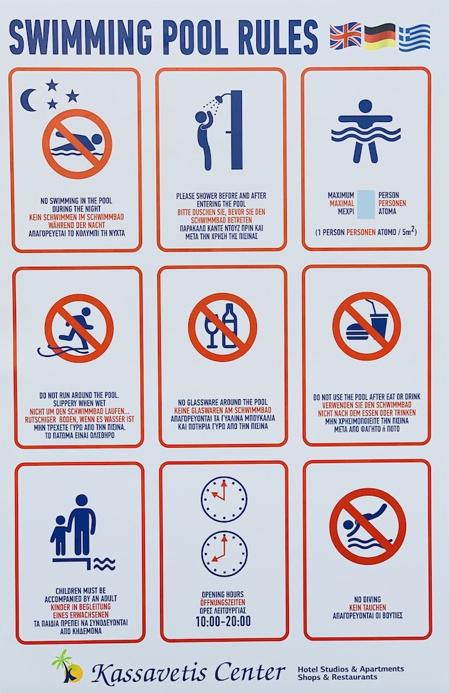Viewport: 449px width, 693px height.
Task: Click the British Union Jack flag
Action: [345, 36]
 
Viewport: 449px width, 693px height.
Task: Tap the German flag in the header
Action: [380, 37]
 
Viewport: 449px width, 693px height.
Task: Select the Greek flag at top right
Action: [414, 38]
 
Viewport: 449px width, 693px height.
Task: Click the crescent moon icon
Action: [29, 100]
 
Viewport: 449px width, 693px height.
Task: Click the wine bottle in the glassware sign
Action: [229, 326]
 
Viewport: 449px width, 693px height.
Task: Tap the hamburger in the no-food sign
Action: [358, 332]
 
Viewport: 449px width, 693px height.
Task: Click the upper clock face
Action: [224, 499]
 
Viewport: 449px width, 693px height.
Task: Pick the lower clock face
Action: [224, 554]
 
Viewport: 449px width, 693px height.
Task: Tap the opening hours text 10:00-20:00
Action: [223, 622]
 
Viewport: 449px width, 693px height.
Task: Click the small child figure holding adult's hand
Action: [59, 536]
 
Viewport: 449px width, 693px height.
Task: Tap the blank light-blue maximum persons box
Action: [365, 204]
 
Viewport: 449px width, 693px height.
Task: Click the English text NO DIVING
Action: [367, 599]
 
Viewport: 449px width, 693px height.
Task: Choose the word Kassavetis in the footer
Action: [150, 673]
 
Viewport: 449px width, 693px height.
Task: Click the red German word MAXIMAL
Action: [342, 203]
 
